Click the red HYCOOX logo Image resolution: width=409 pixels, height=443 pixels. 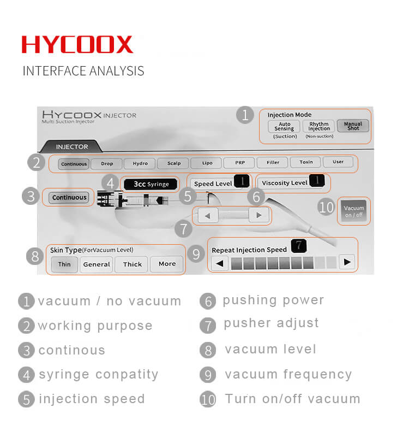(77, 44)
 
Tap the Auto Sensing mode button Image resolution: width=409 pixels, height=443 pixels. (284, 126)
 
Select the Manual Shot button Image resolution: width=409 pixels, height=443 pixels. (353, 126)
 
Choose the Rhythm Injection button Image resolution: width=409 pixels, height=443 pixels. (318, 126)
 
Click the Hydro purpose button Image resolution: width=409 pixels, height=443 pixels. (140, 163)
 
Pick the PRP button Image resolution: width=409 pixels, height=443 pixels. (239, 163)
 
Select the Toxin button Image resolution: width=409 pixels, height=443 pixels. (306, 162)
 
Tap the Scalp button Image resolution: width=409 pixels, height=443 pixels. (173, 163)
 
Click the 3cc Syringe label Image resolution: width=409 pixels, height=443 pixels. (151, 184)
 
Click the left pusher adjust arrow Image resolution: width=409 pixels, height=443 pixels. (208, 216)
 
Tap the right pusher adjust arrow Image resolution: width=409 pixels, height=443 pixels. (258, 215)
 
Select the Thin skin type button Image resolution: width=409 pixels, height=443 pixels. (64, 264)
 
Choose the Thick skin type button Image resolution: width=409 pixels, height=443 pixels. (132, 264)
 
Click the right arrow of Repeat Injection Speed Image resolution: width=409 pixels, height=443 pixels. (347, 262)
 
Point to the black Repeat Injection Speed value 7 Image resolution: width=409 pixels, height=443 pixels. (298, 245)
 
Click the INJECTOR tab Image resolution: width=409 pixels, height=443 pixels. (71, 146)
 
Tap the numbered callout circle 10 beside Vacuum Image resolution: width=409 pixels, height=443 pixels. (326, 207)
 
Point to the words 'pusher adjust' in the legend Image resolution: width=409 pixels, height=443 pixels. (271, 323)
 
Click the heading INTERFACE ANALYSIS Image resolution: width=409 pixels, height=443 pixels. (83, 71)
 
